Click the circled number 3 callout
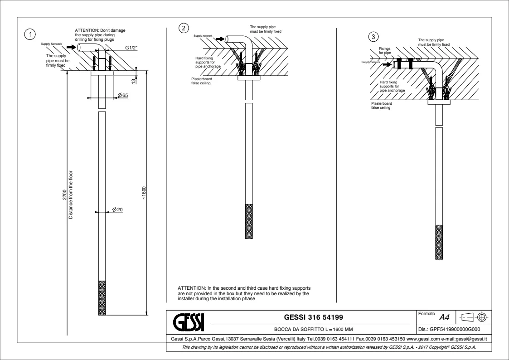[x=373, y=36]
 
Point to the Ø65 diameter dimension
[x=122, y=95]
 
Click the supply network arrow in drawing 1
[x=71, y=46]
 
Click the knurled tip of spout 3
[x=438, y=242]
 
